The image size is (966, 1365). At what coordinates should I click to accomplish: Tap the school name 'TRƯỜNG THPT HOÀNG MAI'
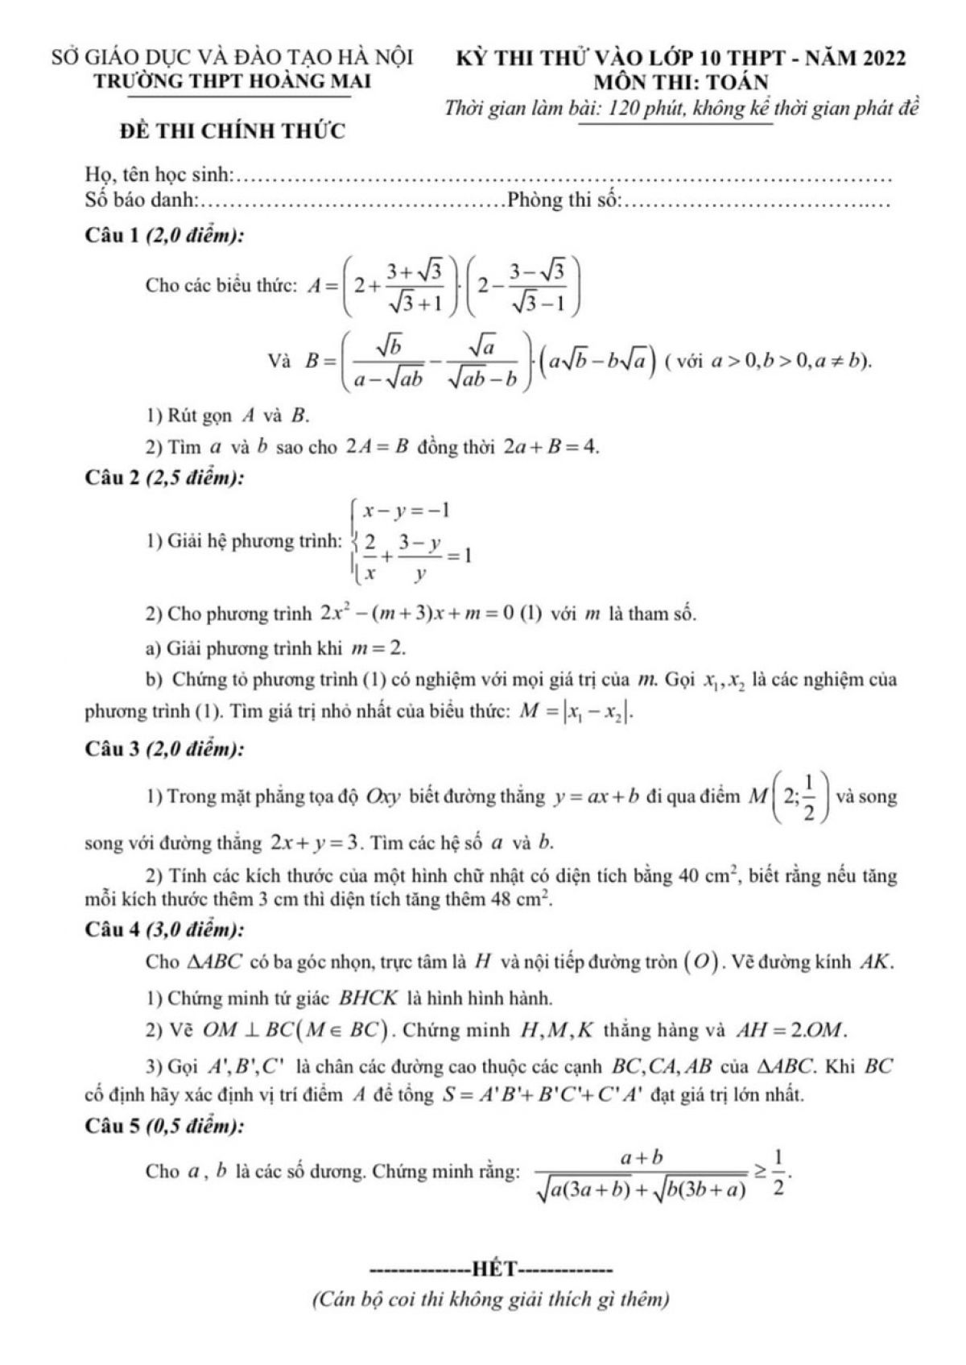tap(232, 81)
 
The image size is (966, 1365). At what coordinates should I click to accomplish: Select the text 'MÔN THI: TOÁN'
tap(681, 82)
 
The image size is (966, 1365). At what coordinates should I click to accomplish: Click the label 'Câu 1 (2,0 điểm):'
tap(165, 236)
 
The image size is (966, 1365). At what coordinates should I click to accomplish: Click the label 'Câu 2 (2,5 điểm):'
tap(165, 478)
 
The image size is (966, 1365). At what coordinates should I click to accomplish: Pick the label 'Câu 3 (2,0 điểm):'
tap(165, 749)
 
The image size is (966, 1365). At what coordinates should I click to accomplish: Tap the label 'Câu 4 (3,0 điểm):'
tap(165, 929)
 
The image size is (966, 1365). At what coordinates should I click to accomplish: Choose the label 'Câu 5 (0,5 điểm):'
tap(165, 1127)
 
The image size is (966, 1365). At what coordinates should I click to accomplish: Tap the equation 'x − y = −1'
tap(406, 511)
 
